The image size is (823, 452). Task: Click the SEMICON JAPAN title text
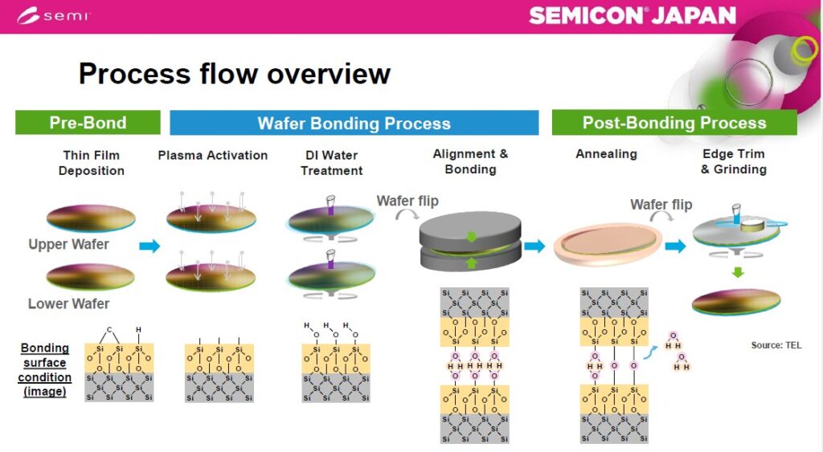pyautogui.click(x=633, y=15)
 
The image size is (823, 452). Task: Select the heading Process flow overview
pyautogui.click(x=234, y=74)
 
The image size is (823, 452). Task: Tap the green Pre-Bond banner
pyautogui.click(x=88, y=123)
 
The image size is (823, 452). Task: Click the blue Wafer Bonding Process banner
pyautogui.click(x=354, y=124)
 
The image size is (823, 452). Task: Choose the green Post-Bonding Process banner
pyautogui.click(x=674, y=123)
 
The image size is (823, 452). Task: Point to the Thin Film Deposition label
pyautogui.click(x=92, y=163)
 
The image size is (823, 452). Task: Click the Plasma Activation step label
pyautogui.click(x=213, y=155)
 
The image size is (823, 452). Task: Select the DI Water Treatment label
pyautogui.click(x=332, y=163)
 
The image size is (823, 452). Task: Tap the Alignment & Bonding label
pyautogui.click(x=470, y=161)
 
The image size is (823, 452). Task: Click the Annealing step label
pyautogui.click(x=606, y=154)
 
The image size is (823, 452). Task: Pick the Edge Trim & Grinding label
pyautogui.click(x=733, y=161)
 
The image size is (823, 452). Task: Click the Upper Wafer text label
pyautogui.click(x=68, y=244)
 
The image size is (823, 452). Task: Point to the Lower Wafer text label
pyautogui.click(x=68, y=303)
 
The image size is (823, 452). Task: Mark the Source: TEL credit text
pyautogui.click(x=776, y=345)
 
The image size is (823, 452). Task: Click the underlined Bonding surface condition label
pyautogui.click(x=45, y=370)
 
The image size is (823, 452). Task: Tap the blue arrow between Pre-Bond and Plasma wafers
pyautogui.click(x=149, y=246)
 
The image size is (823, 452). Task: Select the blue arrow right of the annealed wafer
pyautogui.click(x=674, y=246)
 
